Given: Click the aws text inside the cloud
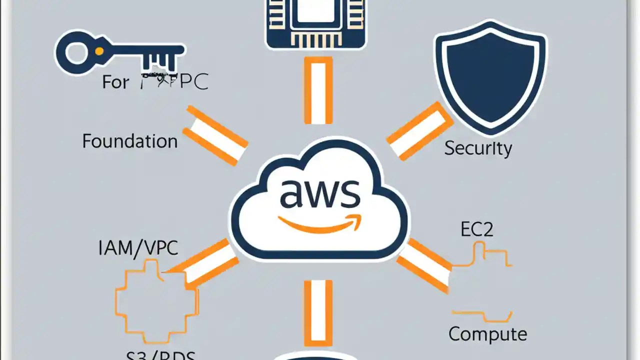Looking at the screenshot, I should tap(319, 194).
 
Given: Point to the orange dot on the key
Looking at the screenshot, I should tap(99, 51).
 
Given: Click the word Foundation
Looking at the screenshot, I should tap(130, 141).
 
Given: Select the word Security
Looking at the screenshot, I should tap(478, 148).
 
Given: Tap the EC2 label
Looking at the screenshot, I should tap(476, 229).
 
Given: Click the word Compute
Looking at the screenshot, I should tap(487, 333).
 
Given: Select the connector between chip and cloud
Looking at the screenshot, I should tap(318, 90).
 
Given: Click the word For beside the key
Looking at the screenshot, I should tap(115, 81).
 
